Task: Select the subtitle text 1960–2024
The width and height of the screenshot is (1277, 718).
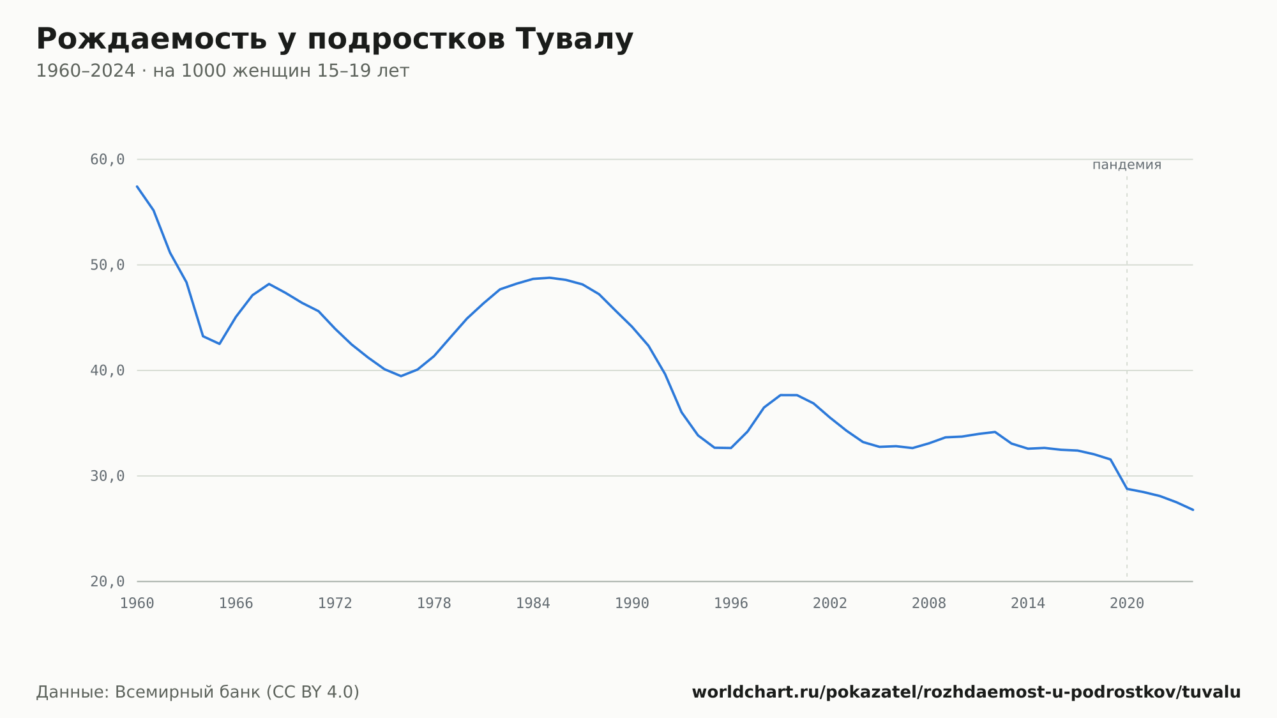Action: [x=86, y=71]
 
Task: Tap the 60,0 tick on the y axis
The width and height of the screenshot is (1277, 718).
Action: [x=107, y=160]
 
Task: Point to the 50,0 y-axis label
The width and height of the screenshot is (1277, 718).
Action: [x=107, y=265]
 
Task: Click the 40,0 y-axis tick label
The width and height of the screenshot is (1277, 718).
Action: [x=107, y=370]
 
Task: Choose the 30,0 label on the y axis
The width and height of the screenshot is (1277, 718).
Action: [x=107, y=476]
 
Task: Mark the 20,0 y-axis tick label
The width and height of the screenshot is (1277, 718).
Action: [x=107, y=581]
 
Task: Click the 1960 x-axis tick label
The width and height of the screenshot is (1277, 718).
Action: [x=137, y=604]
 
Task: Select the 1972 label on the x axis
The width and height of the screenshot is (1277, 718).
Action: [x=335, y=604]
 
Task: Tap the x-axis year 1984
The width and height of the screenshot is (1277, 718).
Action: [x=533, y=604]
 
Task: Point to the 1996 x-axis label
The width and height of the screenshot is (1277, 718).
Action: [x=731, y=604]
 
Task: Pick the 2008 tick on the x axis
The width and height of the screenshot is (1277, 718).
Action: [x=929, y=604]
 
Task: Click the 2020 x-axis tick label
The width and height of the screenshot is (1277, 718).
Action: [x=1127, y=604]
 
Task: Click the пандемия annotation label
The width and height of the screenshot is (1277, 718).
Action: [x=1127, y=165]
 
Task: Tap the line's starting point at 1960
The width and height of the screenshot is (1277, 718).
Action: [x=137, y=187]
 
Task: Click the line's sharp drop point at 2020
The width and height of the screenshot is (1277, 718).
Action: [x=1127, y=489]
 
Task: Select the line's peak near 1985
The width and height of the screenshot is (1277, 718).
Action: [x=549, y=278]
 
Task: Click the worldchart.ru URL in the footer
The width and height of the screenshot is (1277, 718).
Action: [x=966, y=692]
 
